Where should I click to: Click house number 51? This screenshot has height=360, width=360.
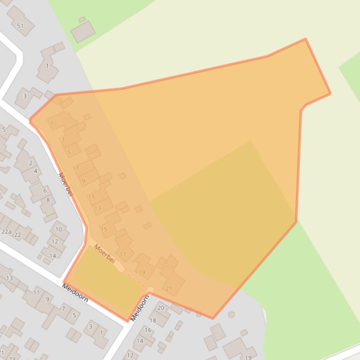pos(20,26)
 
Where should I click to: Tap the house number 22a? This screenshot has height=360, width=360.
pos(6,231)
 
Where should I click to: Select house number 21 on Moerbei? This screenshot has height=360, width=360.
pos(169,288)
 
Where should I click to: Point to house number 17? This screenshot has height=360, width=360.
pos(123,255)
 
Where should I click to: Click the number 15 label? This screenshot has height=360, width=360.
pos(104,229)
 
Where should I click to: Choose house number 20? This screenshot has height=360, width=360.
pos(161,308)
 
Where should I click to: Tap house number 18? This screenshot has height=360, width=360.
pos(153,320)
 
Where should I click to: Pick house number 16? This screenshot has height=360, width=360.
pos(148,330)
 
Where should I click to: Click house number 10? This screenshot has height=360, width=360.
pos(59,229)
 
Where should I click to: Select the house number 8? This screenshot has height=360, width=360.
pos(48,200)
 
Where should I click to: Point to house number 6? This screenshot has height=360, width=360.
pos(45,190)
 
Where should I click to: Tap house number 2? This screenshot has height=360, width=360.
pos(31,163)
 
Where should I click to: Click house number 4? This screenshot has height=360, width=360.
pos(35,171)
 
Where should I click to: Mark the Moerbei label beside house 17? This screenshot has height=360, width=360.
pos(104,253)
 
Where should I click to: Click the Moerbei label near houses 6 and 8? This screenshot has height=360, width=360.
pos(66,184)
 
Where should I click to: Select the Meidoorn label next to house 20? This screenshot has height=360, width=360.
pos(140,307)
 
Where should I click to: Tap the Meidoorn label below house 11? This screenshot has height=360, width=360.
pos(75,293)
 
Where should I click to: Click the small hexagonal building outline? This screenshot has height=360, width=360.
pos(231,315)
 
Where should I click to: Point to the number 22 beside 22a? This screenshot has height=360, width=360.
pos(17,235)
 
